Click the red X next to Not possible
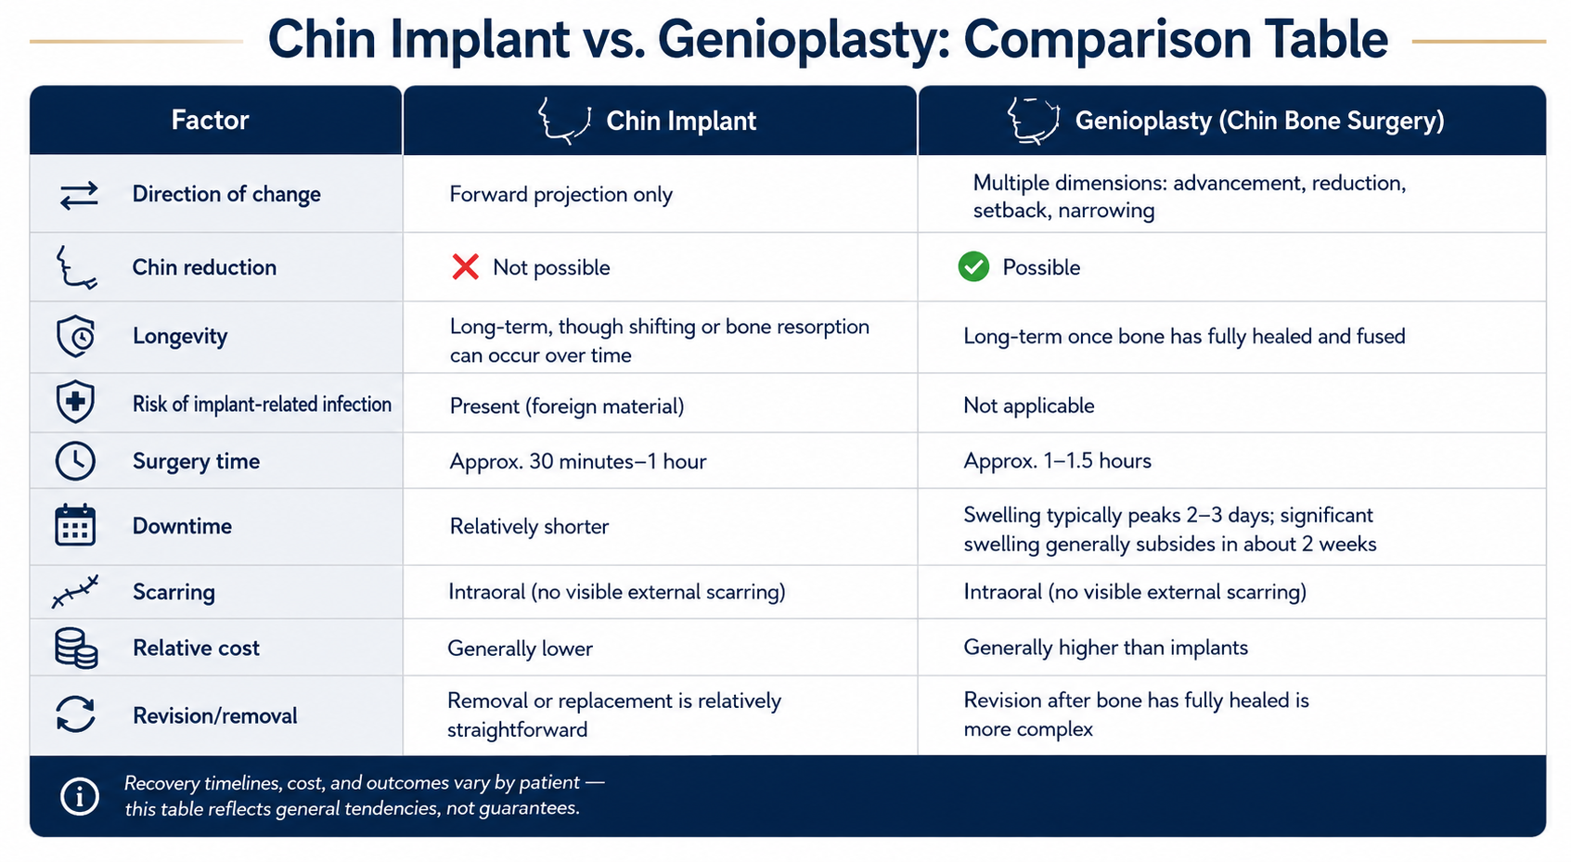465,266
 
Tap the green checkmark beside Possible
973,266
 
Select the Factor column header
210,120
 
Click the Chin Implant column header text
681,121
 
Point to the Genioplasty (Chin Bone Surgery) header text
1259,121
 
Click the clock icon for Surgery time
75,461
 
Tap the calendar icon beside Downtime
75,524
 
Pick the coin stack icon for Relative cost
76,648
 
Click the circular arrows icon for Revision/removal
75,714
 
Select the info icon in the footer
79,796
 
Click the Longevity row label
179,336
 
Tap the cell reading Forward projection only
560,194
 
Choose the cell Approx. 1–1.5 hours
1057,461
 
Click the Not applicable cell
1028,405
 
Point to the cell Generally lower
520,648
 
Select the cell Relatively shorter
529,526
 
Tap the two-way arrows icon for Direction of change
79,196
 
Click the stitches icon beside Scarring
75,591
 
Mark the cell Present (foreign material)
567,406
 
